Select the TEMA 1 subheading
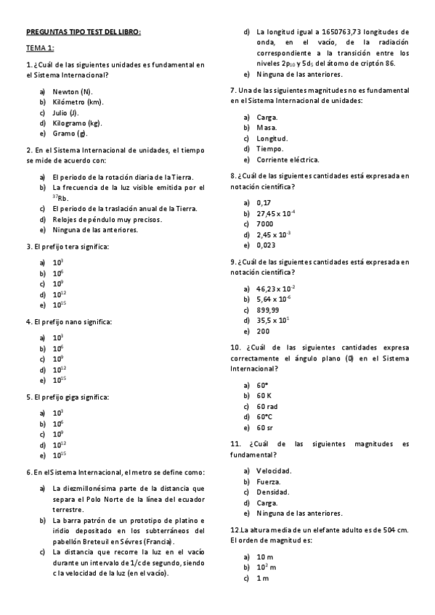coord(40,48)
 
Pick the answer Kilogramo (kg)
coord(76,123)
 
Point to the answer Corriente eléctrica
coord(288,160)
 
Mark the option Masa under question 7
coord(267,128)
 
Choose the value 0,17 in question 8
coord(264,202)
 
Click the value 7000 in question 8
coord(264,223)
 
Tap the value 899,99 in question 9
coord(268,310)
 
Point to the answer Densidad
coord(273,492)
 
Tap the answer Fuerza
coord(269,481)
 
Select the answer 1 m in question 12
coord(263,578)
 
